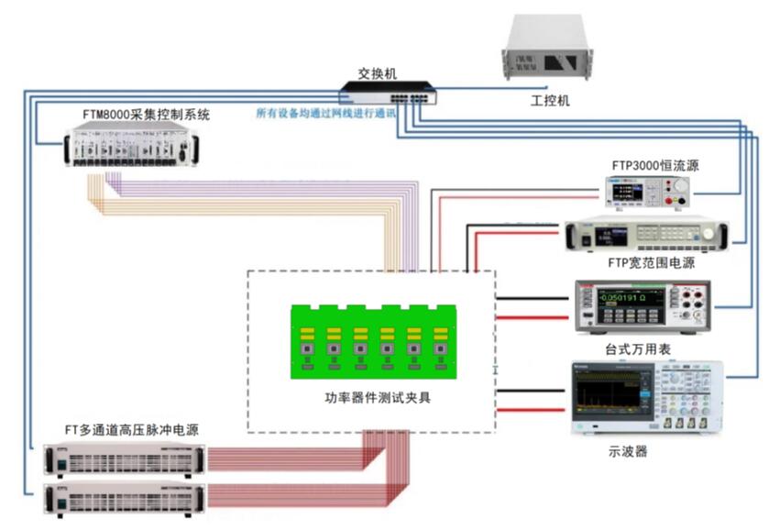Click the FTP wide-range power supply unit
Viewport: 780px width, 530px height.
[x=645, y=237]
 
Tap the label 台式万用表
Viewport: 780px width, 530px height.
[x=638, y=349]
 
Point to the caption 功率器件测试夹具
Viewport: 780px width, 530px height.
[x=371, y=397]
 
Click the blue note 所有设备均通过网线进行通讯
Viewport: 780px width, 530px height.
[x=326, y=114]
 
